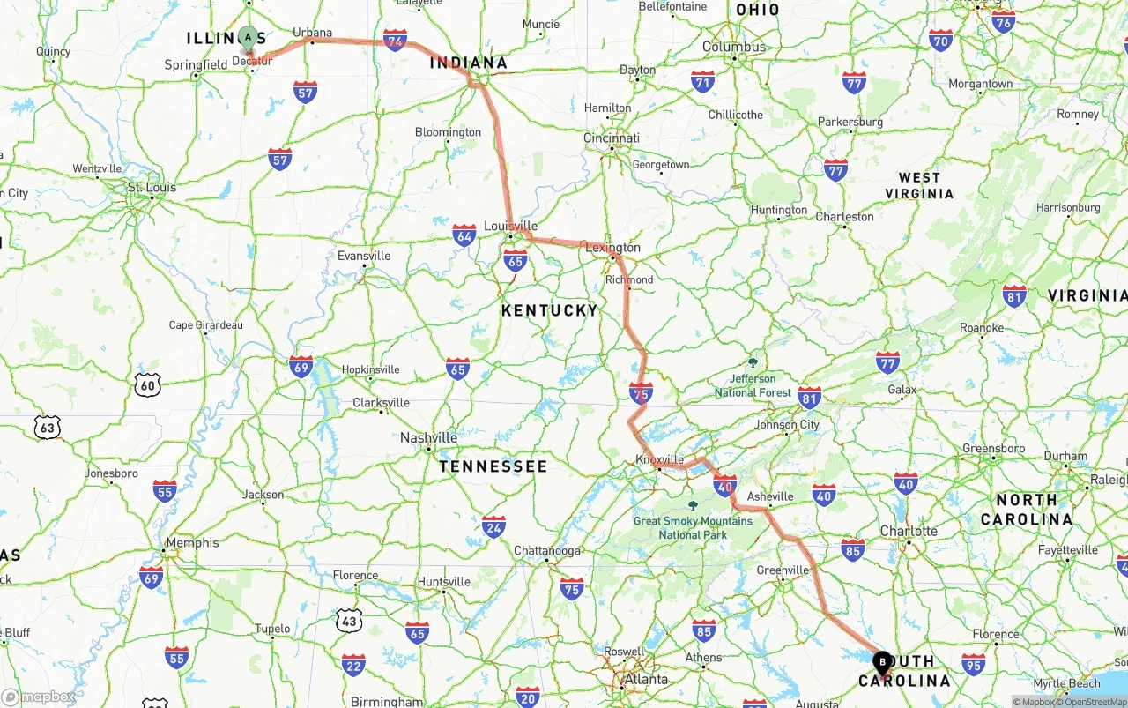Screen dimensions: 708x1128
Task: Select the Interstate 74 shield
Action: click(x=395, y=41)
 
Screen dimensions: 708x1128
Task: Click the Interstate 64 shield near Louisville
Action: click(x=464, y=235)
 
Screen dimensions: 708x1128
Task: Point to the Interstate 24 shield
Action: click(x=493, y=527)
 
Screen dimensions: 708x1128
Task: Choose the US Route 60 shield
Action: click(x=148, y=384)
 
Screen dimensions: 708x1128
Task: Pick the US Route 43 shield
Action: click(x=349, y=620)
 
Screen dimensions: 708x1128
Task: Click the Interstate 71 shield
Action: click(x=702, y=82)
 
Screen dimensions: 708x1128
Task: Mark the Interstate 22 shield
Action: click(x=353, y=665)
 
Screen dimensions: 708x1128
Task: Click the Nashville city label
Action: click(x=428, y=437)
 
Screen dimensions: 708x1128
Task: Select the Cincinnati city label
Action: click(x=611, y=138)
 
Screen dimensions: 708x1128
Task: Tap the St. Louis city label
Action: click(x=152, y=187)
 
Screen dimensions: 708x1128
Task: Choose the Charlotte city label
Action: click(x=909, y=531)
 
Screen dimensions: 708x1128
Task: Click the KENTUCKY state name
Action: click(x=549, y=310)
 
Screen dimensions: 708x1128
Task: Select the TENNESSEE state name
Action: click(x=493, y=466)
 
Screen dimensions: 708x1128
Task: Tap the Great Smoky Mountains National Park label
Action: click(x=693, y=527)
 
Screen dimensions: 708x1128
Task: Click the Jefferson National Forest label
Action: click(x=753, y=385)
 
